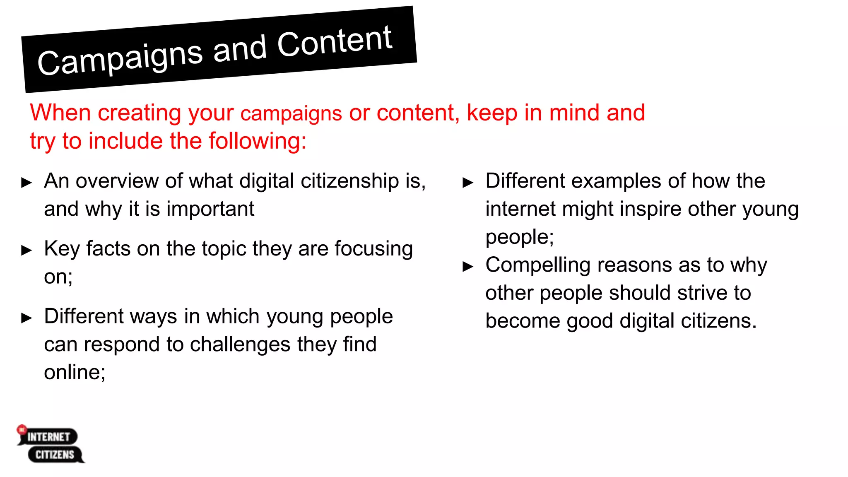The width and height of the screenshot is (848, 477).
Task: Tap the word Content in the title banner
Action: click(x=335, y=41)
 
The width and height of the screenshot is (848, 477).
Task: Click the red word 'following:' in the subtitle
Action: click(x=257, y=141)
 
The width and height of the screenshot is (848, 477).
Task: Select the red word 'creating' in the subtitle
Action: click(x=140, y=113)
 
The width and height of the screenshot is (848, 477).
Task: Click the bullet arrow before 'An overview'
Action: click(x=26, y=183)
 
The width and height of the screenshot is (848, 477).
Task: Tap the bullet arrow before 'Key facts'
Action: click(x=26, y=250)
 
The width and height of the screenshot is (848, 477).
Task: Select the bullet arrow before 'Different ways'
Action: click(x=26, y=318)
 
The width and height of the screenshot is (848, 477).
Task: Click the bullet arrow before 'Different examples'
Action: click(x=468, y=183)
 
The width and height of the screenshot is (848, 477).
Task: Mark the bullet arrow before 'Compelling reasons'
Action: click(x=468, y=266)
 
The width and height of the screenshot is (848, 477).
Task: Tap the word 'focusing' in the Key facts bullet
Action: click(x=373, y=249)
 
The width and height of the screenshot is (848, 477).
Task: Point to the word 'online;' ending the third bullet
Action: click(x=75, y=372)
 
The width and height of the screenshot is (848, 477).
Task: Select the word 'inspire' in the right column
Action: click(x=650, y=209)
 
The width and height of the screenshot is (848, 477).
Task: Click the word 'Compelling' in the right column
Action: click(x=537, y=265)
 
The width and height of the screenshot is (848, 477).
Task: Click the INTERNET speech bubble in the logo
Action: click(x=48, y=437)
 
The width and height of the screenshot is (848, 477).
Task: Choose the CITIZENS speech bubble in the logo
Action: click(x=55, y=455)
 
